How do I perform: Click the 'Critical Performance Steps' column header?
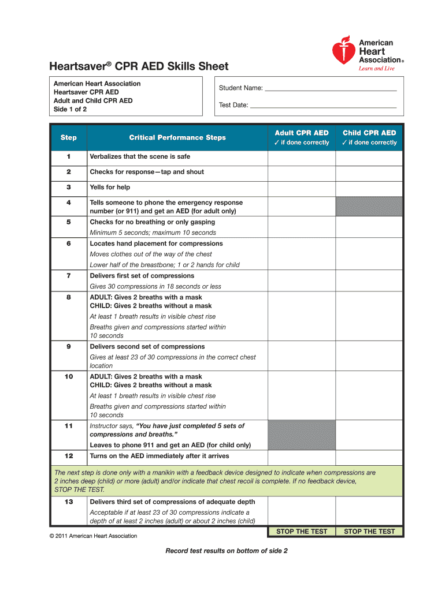pyautogui.click(x=177, y=138)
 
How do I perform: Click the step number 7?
pyautogui.click(x=69, y=276)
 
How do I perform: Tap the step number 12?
pyautogui.click(x=69, y=456)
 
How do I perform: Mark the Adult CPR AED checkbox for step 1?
pyautogui.click(x=302, y=157)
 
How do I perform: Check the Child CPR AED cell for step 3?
pyautogui.click(x=369, y=188)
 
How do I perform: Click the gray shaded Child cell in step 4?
pyautogui.click(x=369, y=207)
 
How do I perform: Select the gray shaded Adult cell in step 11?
pyautogui.click(x=302, y=435)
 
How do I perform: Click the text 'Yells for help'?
pyautogui.click(x=110, y=188)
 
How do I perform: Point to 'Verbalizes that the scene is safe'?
pyautogui.click(x=140, y=157)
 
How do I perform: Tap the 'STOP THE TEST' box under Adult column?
pyautogui.click(x=302, y=532)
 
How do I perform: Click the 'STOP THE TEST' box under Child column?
pyautogui.click(x=369, y=532)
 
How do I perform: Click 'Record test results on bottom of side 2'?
pyautogui.click(x=227, y=551)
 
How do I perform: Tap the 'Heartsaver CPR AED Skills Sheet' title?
pyautogui.click(x=139, y=66)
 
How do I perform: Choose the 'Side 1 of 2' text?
pyautogui.click(x=71, y=109)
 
